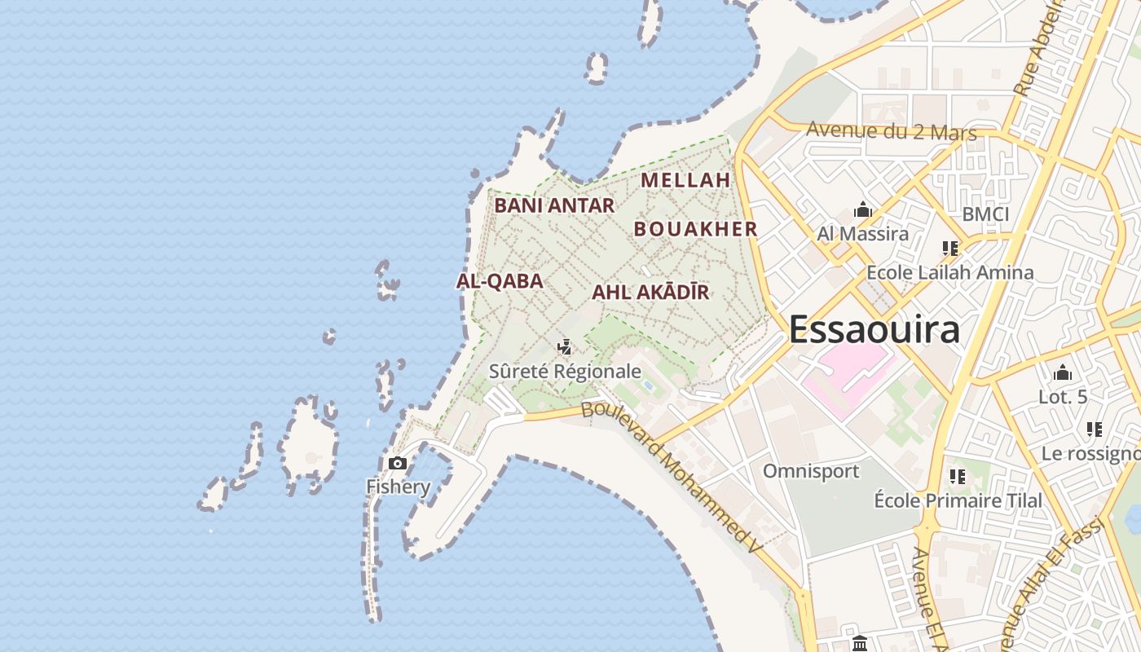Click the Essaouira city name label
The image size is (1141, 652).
click(x=874, y=330)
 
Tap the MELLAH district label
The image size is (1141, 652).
click(x=685, y=180)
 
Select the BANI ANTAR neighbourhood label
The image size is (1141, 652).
click(x=554, y=205)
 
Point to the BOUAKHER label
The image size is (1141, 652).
click(x=696, y=229)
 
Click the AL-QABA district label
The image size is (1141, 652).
click(x=500, y=281)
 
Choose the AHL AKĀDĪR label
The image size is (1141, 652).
click(x=650, y=292)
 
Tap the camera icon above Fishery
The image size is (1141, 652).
click(x=398, y=464)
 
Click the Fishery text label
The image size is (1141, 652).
click(x=398, y=487)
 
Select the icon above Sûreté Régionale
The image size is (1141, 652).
click(x=564, y=348)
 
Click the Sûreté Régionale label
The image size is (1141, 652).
click(x=565, y=372)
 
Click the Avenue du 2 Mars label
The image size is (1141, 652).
click(x=891, y=130)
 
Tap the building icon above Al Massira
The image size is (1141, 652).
click(x=863, y=211)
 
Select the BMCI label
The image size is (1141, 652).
click(x=985, y=214)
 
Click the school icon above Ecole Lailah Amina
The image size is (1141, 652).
click(x=949, y=248)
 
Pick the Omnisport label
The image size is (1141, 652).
click(x=811, y=471)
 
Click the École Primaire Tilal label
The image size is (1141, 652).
click(x=958, y=500)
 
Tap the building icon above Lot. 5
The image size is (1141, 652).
click(x=1063, y=373)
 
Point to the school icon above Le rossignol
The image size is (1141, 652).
click(x=1094, y=429)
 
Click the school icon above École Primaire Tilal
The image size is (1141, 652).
click(x=958, y=476)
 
